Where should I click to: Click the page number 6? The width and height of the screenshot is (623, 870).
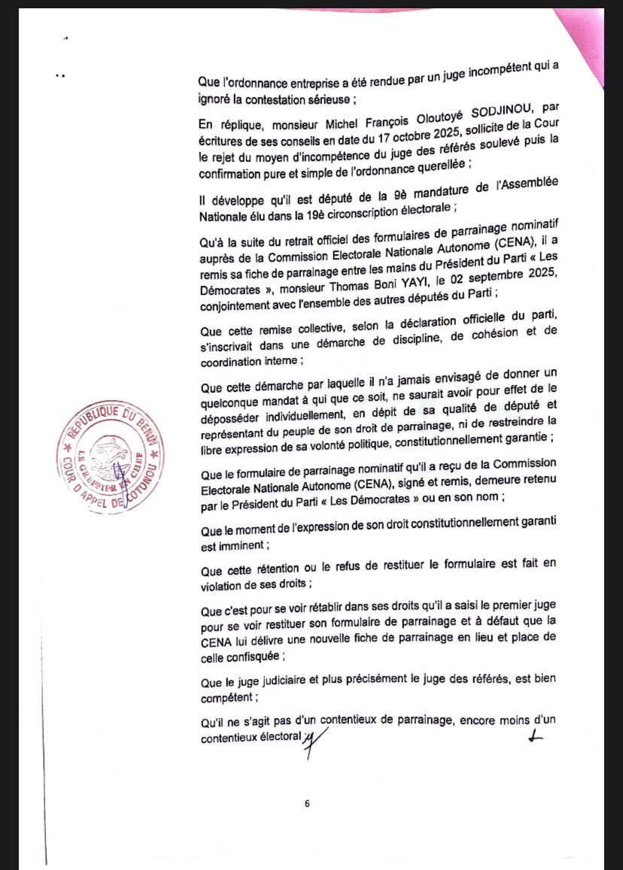pyautogui.click(x=307, y=803)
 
